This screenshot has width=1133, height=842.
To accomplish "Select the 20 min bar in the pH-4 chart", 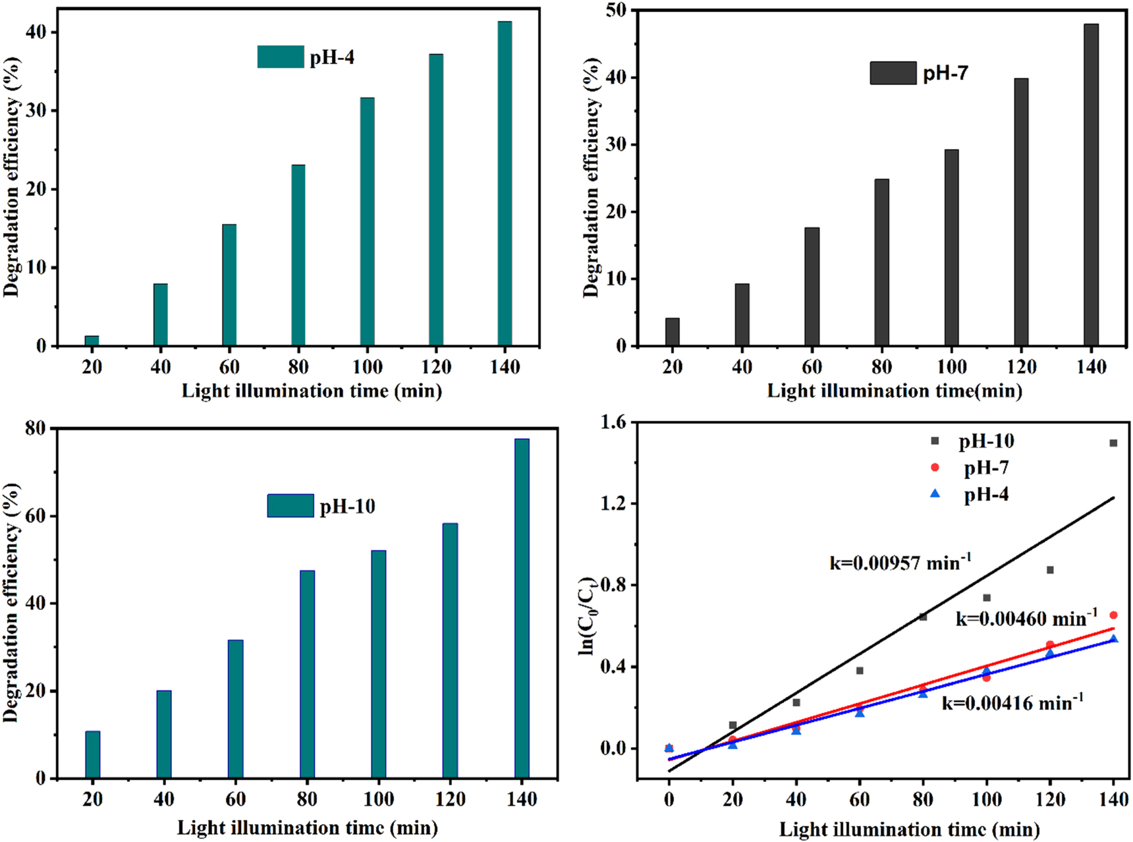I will click(92, 341).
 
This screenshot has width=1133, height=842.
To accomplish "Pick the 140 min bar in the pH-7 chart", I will click(1091, 184).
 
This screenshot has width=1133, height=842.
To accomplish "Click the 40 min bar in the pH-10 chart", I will click(164, 734).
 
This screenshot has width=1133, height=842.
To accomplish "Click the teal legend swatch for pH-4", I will click(281, 57).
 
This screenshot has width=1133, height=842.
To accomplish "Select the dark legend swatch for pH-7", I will click(893, 72).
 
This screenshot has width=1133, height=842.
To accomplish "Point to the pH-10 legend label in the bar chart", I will click(347, 507).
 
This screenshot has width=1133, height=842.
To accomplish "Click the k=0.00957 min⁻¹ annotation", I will click(900, 562).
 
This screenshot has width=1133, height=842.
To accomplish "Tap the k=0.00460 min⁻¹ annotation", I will click(1026, 618).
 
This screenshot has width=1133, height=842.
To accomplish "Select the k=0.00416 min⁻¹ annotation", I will click(1012, 702).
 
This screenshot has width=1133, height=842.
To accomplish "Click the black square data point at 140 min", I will click(1113, 443).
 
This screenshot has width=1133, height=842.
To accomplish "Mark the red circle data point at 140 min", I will click(1113, 615).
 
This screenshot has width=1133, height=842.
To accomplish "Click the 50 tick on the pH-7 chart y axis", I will click(619, 10).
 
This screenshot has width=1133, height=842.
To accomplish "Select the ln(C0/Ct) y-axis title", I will click(587, 616).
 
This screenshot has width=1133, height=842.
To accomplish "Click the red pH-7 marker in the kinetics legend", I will click(935, 467).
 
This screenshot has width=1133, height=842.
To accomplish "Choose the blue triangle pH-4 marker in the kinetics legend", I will click(935, 493).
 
